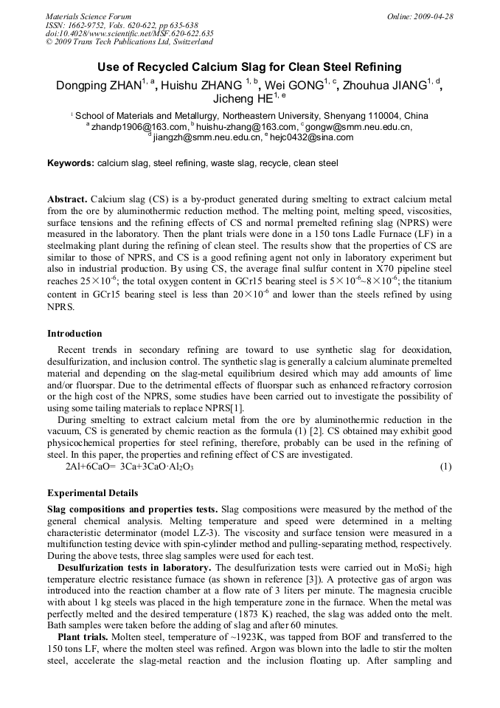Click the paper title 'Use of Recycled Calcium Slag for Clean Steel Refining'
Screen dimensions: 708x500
pyautogui.click(x=249, y=67)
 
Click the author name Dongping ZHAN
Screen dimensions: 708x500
pyautogui.click(x=98, y=86)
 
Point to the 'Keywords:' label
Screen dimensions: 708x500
pyautogui.click(x=71, y=162)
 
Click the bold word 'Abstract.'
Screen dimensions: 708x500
pyautogui.click(x=67, y=200)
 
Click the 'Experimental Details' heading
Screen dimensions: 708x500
pyautogui.click(x=92, y=492)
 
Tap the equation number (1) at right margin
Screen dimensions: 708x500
pyautogui.click(x=445, y=467)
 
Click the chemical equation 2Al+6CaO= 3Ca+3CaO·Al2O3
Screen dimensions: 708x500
pyautogui.click(x=130, y=467)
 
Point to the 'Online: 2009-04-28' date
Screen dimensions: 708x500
pyautogui.click(x=420, y=16)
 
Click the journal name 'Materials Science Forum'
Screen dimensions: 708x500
pyautogui.click(x=88, y=16)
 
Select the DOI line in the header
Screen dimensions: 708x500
pyautogui.click(x=129, y=32)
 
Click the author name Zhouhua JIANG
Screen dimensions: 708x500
pyautogui.click(x=389, y=86)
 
